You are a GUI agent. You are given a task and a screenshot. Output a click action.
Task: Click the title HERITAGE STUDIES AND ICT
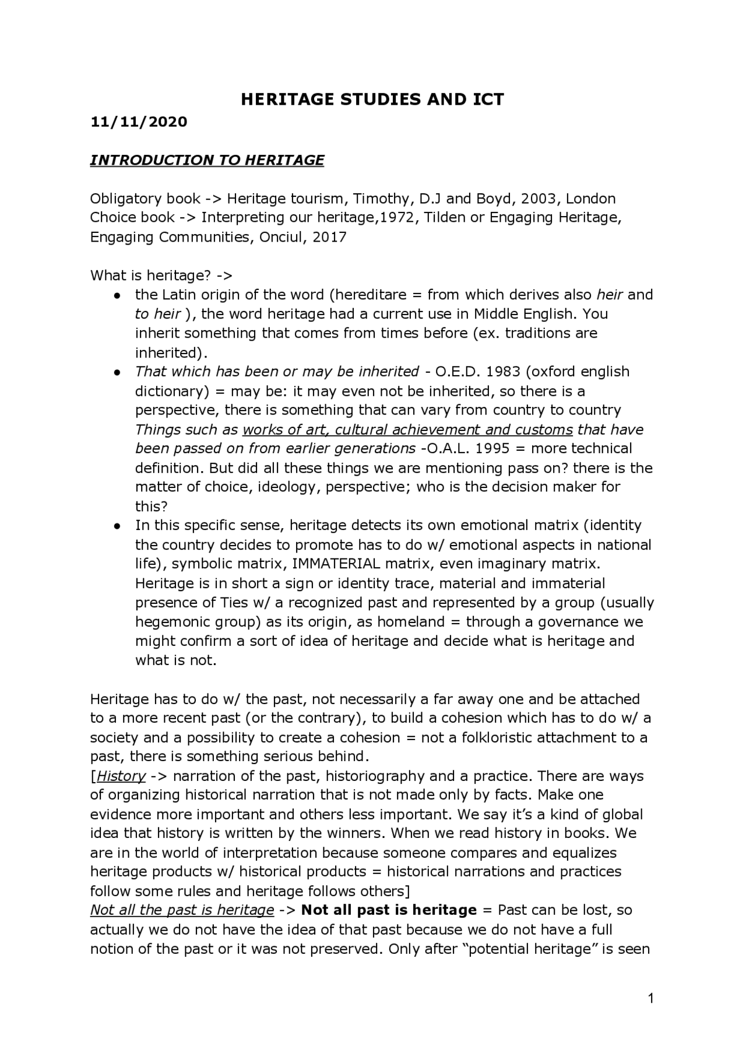click(x=372, y=100)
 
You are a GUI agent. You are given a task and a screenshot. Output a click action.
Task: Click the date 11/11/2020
click(x=139, y=122)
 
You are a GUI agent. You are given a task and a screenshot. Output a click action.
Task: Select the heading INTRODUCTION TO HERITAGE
click(x=207, y=160)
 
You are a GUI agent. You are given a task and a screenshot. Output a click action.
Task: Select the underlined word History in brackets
click(x=121, y=776)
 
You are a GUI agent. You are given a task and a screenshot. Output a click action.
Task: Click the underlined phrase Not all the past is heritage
click(x=182, y=910)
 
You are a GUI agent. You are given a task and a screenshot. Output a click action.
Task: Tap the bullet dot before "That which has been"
click(x=117, y=372)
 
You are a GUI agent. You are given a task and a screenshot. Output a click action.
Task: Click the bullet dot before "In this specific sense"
click(x=117, y=525)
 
